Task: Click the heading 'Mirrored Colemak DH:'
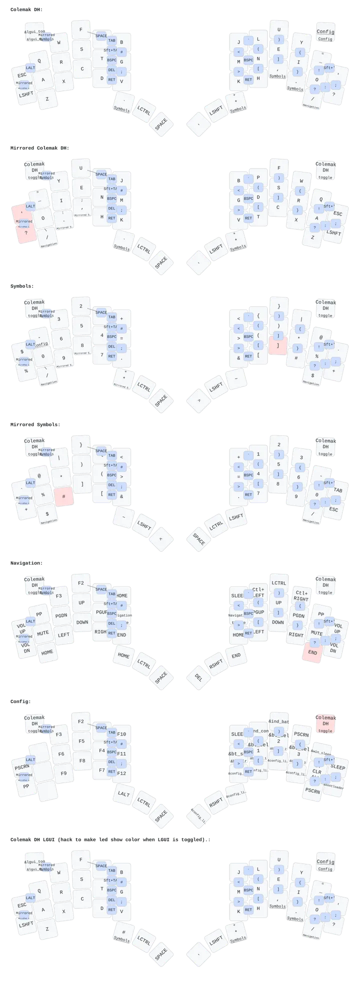click(40, 148)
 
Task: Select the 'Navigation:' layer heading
click(26, 563)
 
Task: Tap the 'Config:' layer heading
click(20, 701)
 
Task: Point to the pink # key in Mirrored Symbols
click(64, 496)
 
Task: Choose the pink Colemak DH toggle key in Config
click(325, 723)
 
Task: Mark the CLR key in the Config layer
click(317, 771)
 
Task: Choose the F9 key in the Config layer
click(63, 773)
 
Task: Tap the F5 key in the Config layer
click(81, 741)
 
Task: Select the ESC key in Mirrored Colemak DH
click(337, 213)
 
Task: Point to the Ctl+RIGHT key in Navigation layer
click(301, 595)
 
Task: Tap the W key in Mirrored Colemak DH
click(301, 180)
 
